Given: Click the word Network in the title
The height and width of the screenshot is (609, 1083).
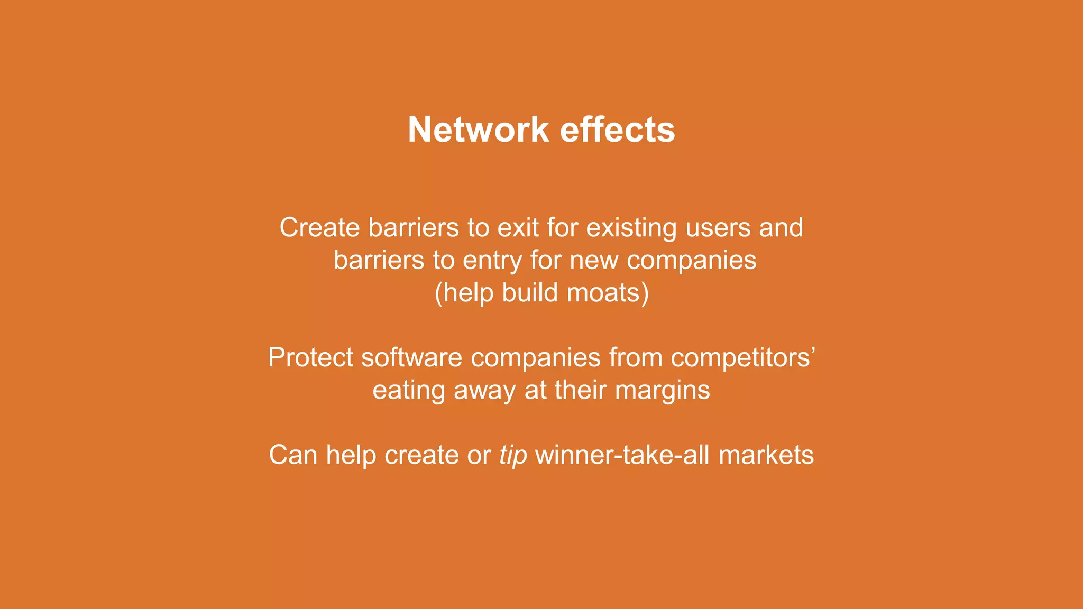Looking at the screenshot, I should pyautogui.click(x=479, y=130).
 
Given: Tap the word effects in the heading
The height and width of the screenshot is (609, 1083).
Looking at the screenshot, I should pyautogui.click(x=617, y=130).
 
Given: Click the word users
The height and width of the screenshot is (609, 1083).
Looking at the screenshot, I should pyautogui.click(x=718, y=228).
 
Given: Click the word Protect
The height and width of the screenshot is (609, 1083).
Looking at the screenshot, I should pyautogui.click(x=310, y=358).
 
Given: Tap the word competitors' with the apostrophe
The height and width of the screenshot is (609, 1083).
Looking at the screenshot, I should pyautogui.click(x=743, y=358).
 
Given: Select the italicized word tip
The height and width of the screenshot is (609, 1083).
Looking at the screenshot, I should pyautogui.click(x=513, y=455).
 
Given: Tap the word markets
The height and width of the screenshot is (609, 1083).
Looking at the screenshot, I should pyautogui.click(x=766, y=455).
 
